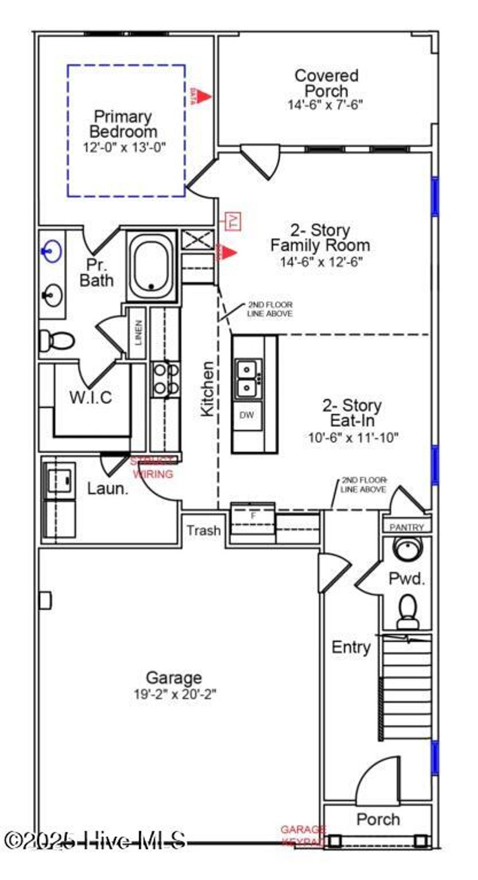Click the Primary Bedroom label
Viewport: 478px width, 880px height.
click(x=123, y=124)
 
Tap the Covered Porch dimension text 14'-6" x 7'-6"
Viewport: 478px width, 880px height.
click(x=325, y=105)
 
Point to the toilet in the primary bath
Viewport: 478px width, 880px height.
click(x=56, y=340)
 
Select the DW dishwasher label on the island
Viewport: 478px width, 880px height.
click(x=246, y=414)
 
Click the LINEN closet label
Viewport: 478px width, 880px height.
click(x=138, y=332)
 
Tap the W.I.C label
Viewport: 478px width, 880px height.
click(x=91, y=398)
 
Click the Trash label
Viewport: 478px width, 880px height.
click(x=204, y=531)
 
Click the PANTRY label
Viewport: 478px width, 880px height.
click(x=406, y=527)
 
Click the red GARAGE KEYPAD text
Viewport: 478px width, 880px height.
click(x=303, y=835)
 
